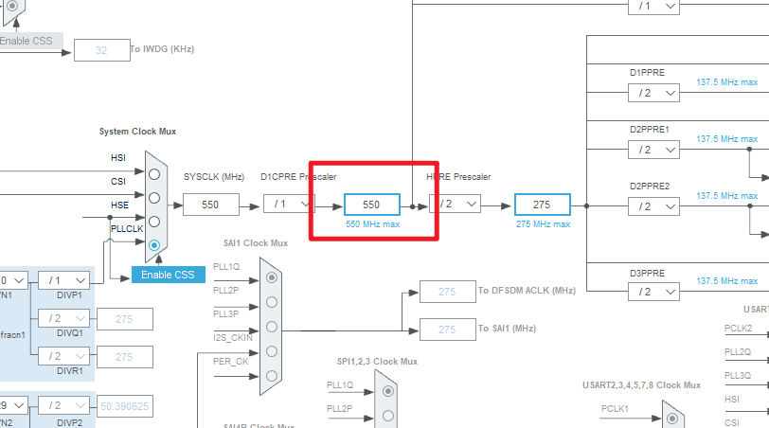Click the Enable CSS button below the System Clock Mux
point(167,275)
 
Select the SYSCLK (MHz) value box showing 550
point(210,204)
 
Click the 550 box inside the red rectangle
point(371,204)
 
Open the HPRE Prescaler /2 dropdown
point(456,204)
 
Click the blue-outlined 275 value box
point(542,204)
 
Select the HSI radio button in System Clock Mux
point(152,172)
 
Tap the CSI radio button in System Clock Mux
point(152,197)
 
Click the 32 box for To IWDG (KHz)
point(100,49)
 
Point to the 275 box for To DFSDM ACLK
point(447,291)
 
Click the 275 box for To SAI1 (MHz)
point(447,329)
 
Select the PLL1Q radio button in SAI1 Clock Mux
point(273,277)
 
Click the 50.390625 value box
point(124,406)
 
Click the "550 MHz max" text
point(371,224)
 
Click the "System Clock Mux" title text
point(137,131)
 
